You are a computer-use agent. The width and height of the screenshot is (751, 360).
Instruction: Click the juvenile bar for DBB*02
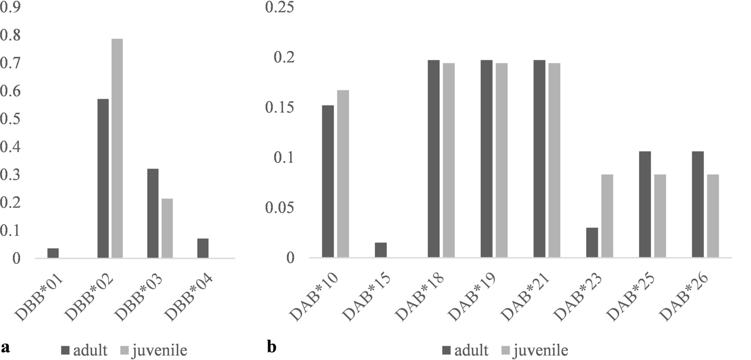pos(117,148)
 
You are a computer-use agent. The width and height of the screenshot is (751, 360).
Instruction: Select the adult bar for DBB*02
pos(103,178)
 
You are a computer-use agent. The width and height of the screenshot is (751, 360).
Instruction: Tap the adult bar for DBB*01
pos(53,253)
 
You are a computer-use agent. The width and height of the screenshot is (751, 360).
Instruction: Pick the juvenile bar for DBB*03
pos(167,228)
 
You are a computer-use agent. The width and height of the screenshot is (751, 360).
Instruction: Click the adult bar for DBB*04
pos(203,248)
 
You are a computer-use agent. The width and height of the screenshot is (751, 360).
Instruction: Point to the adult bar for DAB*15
pos(381,250)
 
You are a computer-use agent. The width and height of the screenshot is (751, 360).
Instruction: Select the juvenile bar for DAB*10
pos(343,174)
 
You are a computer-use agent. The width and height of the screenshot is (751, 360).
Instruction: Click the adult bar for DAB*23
pos(592,243)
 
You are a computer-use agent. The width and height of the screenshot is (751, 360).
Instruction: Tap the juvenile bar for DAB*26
pos(713,216)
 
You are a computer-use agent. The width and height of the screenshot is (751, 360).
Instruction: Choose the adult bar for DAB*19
pos(486,159)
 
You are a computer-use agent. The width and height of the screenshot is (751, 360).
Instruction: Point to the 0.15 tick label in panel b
pos(280,107)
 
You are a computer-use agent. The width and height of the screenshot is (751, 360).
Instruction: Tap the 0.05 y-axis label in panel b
pos(280,208)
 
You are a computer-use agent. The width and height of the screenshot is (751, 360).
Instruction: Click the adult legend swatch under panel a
pos(65,351)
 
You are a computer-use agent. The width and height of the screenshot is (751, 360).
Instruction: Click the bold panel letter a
pos(6,347)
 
